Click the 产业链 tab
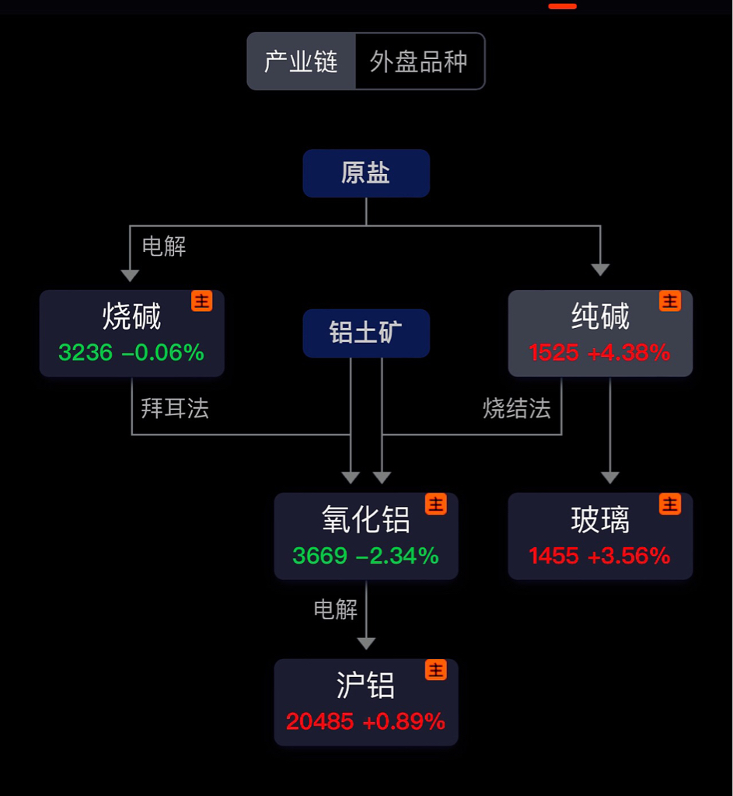301,61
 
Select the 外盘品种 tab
419,61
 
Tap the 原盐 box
366,173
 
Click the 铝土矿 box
366,333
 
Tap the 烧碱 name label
131,316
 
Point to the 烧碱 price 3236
86,352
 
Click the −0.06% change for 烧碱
162,352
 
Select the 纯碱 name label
600,316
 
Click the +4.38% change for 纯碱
629,352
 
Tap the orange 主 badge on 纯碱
670,301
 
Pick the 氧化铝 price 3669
319,556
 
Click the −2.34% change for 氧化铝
397,556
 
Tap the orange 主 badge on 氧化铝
436,504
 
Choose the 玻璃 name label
600,519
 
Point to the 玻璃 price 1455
553,556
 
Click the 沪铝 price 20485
319,721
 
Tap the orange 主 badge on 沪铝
436,669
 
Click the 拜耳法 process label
175,408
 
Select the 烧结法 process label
517,408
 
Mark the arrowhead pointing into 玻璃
610,477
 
